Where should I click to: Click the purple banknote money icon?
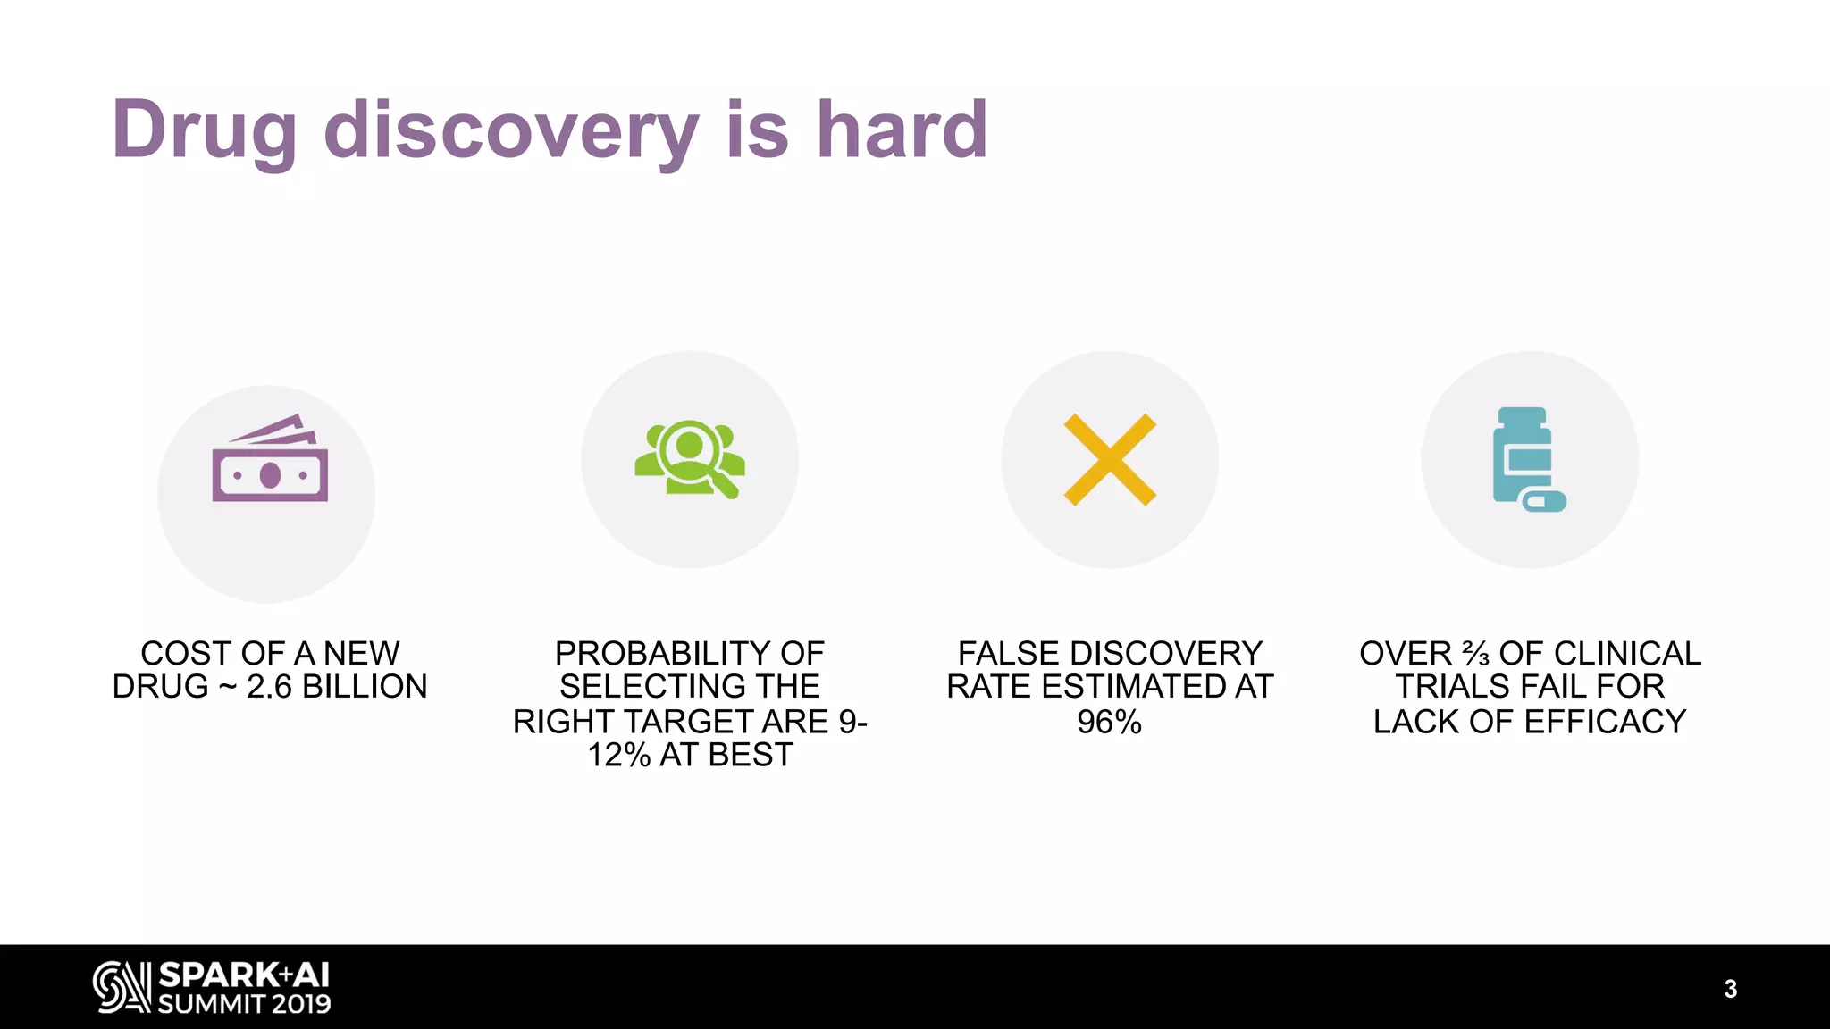(x=270, y=459)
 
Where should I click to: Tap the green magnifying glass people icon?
(x=689, y=458)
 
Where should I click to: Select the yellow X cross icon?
(x=1110, y=460)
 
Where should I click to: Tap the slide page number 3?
(x=1730, y=989)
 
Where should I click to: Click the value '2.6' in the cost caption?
(x=269, y=687)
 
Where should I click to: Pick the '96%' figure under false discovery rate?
(x=1109, y=722)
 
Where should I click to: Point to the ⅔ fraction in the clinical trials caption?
(x=1475, y=654)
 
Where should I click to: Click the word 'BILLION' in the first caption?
(x=365, y=687)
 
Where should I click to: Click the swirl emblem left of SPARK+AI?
(x=122, y=987)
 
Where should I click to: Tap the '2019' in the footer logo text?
(x=301, y=1004)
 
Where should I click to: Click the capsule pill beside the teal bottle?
(x=1544, y=501)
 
